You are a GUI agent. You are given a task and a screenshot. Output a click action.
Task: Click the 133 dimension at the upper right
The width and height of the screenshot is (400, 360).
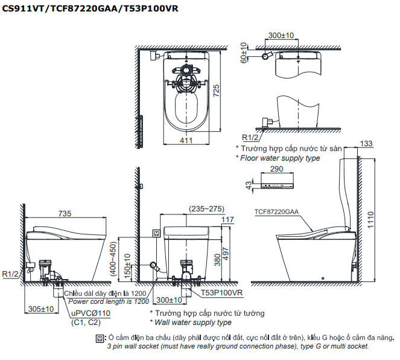click(x=366, y=143)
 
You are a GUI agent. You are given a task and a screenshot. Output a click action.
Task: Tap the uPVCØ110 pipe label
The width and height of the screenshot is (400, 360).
click(x=90, y=313)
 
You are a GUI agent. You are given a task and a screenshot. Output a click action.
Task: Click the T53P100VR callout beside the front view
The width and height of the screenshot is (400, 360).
click(x=222, y=292)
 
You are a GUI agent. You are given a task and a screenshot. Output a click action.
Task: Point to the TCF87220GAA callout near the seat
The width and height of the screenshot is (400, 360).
click(x=277, y=211)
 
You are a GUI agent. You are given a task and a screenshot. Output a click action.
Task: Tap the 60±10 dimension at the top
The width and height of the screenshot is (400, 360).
click(x=244, y=53)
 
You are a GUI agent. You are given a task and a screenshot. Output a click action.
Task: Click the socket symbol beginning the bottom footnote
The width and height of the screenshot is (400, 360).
click(x=100, y=338)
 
